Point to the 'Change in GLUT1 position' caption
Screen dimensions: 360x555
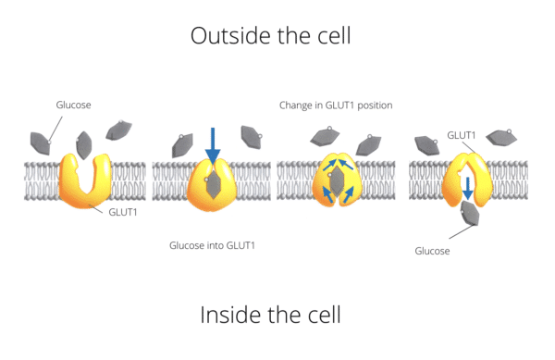[x=336, y=106]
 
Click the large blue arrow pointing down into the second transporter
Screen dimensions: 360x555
[x=213, y=144]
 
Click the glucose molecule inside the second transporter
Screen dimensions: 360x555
[x=213, y=186]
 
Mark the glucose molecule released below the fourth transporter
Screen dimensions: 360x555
[x=470, y=214]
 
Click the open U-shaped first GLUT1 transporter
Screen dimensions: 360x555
[x=85, y=180]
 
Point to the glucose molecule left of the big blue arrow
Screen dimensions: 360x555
[x=182, y=144]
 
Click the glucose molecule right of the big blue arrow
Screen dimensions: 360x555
[x=251, y=137]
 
